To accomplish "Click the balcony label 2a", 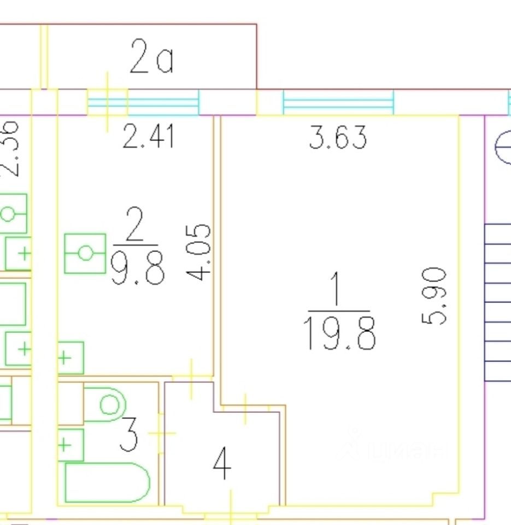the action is tap(151, 58).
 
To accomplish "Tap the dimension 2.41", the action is tap(149, 136).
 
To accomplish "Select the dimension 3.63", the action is tap(338, 137).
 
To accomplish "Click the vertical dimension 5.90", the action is tap(436, 295).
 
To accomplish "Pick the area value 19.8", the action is tap(339, 334).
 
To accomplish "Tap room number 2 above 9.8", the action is tap(134, 224).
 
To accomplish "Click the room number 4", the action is tap(222, 464).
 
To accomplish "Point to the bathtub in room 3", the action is tap(107, 482).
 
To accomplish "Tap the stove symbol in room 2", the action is tap(85, 253).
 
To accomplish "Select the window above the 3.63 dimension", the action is tap(338, 102).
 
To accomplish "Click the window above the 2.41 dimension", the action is tap(143, 102).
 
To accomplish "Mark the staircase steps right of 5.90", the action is tap(497, 302).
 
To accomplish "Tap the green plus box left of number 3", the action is tap(71, 445).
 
